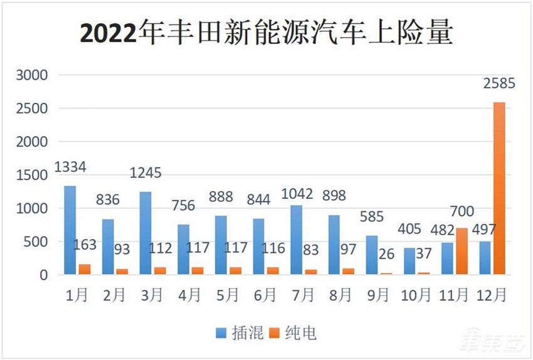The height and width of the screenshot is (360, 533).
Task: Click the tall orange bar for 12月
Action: (499, 188)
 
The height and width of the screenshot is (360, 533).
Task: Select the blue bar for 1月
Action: (70, 230)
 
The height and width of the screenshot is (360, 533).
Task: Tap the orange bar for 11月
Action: (462, 251)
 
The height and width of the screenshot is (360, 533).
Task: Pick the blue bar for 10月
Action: (409, 261)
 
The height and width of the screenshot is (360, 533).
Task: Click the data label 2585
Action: (499, 83)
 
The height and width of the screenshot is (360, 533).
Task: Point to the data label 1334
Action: (70, 167)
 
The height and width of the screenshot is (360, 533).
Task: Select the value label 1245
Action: (145, 173)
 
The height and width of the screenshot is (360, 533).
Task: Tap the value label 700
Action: (462, 211)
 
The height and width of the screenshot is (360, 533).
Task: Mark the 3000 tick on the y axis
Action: (31, 75)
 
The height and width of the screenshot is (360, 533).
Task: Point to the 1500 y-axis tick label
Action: (31, 175)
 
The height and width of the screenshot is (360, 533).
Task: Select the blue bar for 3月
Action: (145, 233)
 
